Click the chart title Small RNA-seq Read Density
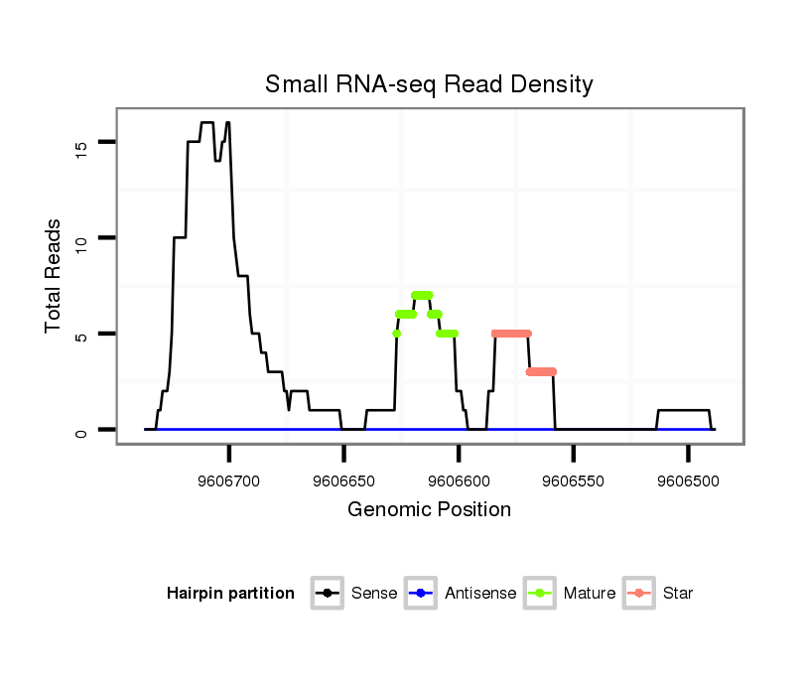pos(429,84)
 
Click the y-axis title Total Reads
pos(54,276)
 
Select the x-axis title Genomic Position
pos(429,510)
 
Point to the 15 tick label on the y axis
pos(81,146)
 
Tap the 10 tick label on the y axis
pos(81,239)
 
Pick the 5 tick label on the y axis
pos(81,335)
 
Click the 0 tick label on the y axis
pos(81,431)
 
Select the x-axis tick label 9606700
pos(229,480)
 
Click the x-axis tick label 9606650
pos(343,480)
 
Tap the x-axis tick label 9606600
pos(459,480)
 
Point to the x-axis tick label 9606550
pos(574,480)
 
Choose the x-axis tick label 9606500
pos(688,480)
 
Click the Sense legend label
pos(374,594)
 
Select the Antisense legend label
pos(480,594)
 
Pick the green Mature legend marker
pos(541,594)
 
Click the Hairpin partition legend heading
pos(230,594)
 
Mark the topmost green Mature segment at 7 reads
pos(422,295)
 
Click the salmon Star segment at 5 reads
pos(512,334)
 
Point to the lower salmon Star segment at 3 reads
pos(541,371)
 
